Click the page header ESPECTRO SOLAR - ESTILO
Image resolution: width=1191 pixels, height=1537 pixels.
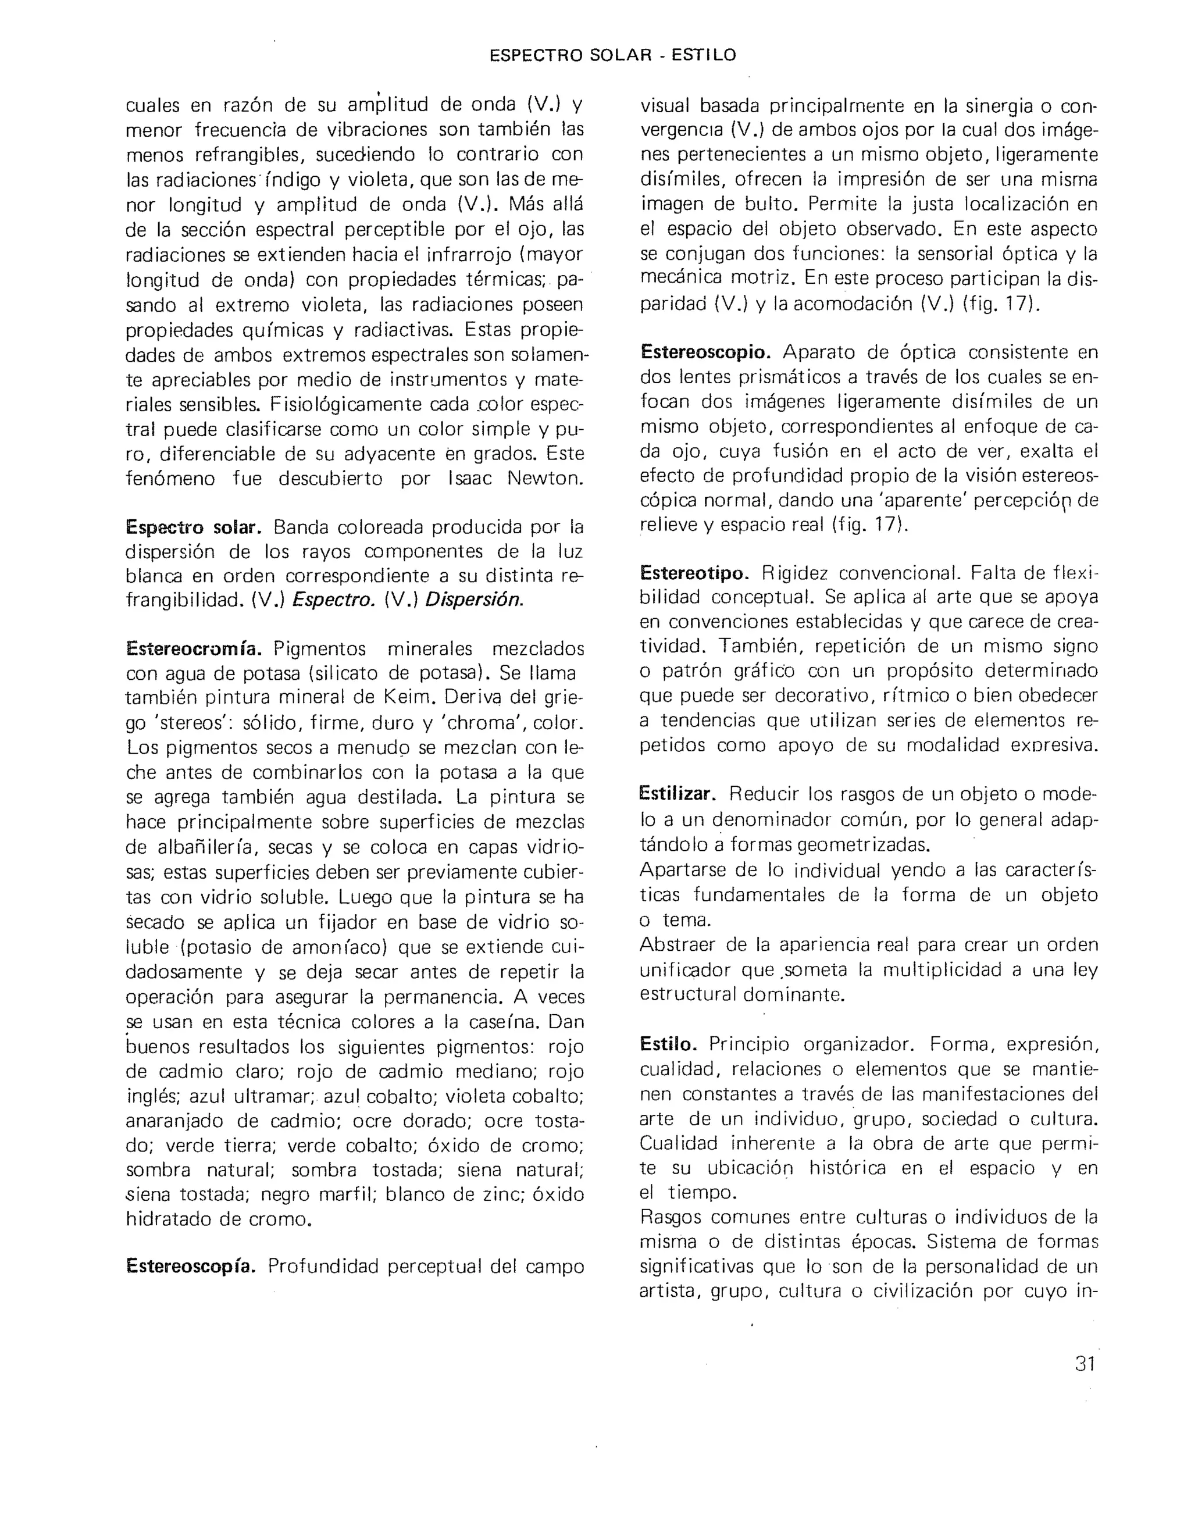click(x=612, y=55)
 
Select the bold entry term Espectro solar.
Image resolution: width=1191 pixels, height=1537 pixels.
click(x=194, y=527)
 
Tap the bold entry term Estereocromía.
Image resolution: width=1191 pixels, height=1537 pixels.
click(x=194, y=648)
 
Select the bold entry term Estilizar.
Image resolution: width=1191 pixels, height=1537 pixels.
click(x=677, y=794)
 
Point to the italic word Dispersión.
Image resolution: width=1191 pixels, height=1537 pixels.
click(x=475, y=600)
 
